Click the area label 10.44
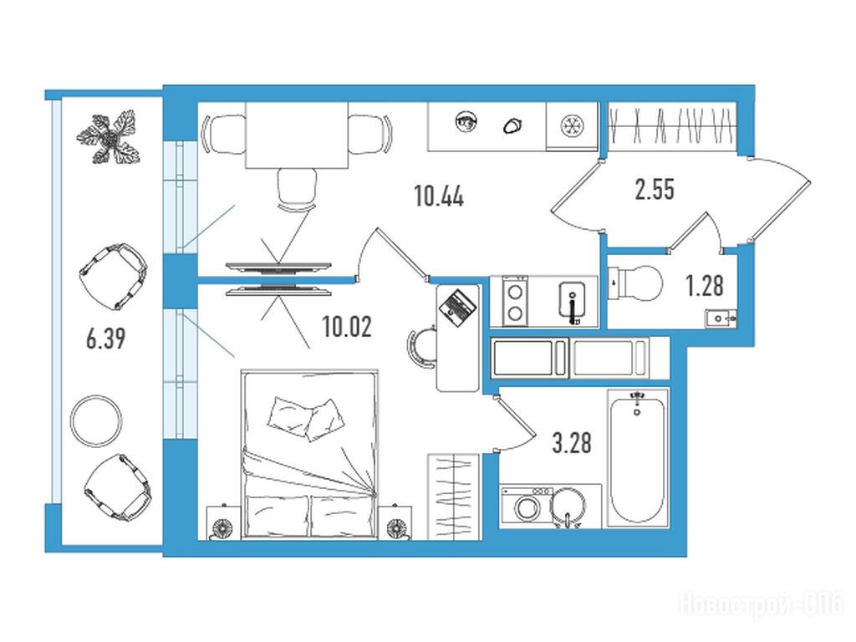pos(439,196)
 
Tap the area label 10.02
pos(347,327)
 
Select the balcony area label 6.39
pos(106,338)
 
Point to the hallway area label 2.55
pos(655,190)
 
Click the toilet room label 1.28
pos(705,286)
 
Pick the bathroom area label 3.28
pos(572,442)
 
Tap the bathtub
pos(638,456)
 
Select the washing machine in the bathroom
pos(527,506)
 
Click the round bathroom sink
pos(568,507)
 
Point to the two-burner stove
pos(515,301)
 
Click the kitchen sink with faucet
pos(572,302)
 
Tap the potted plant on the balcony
pos(109,137)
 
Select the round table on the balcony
pos(97,421)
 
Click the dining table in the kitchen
pos(297,135)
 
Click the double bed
pos(309,456)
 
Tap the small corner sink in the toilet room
pos(721,318)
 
